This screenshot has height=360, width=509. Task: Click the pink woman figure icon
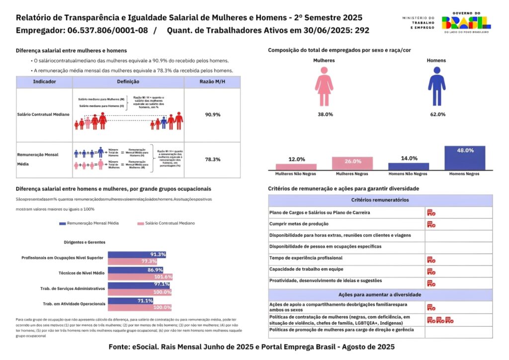pos(324,87)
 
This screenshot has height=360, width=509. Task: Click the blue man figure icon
pos(436,87)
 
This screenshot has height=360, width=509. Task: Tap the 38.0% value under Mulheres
pos(325,114)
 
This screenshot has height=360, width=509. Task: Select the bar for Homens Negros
pos(465,159)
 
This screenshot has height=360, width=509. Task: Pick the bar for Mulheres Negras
pos(353,164)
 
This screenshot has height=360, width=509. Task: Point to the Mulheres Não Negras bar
pos(296,167)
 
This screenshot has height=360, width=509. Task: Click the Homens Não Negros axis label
pos(409,175)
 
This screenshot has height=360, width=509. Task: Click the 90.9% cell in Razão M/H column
pos(212,114)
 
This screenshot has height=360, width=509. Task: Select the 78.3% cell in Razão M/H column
pos(212,160)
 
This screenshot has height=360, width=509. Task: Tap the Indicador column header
pos(44,82)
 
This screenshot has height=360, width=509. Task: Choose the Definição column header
pos(128,82)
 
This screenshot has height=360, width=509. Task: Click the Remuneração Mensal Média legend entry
pos(89,224)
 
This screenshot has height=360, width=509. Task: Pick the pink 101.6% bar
pos(140,277)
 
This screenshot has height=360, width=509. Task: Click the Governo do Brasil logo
pos(466,22)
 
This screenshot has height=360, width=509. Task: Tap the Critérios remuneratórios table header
pos(380,200)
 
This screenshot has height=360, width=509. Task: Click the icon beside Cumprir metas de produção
pos(431,224)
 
